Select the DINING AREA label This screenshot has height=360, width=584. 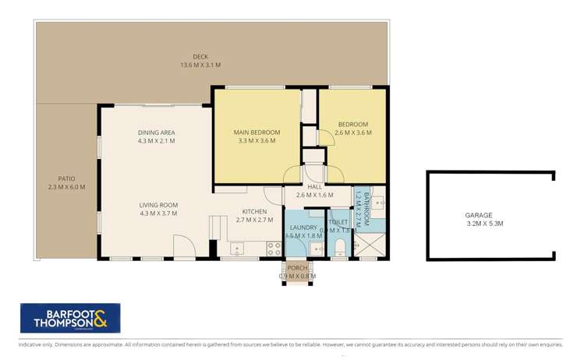[157, 132]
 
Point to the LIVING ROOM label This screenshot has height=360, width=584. [158, 205]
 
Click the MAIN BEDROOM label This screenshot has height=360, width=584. [257, 132]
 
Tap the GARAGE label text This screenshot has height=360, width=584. [479, 214]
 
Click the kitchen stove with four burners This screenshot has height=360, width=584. [274, 249]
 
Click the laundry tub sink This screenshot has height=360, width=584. [315, 249]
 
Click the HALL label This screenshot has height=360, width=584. [314, 186]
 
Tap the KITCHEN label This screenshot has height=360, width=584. [255, 211]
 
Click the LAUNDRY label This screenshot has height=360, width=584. [303, 228]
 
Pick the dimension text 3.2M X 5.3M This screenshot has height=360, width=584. [479, 224]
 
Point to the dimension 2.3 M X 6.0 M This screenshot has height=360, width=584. [65, 187]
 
